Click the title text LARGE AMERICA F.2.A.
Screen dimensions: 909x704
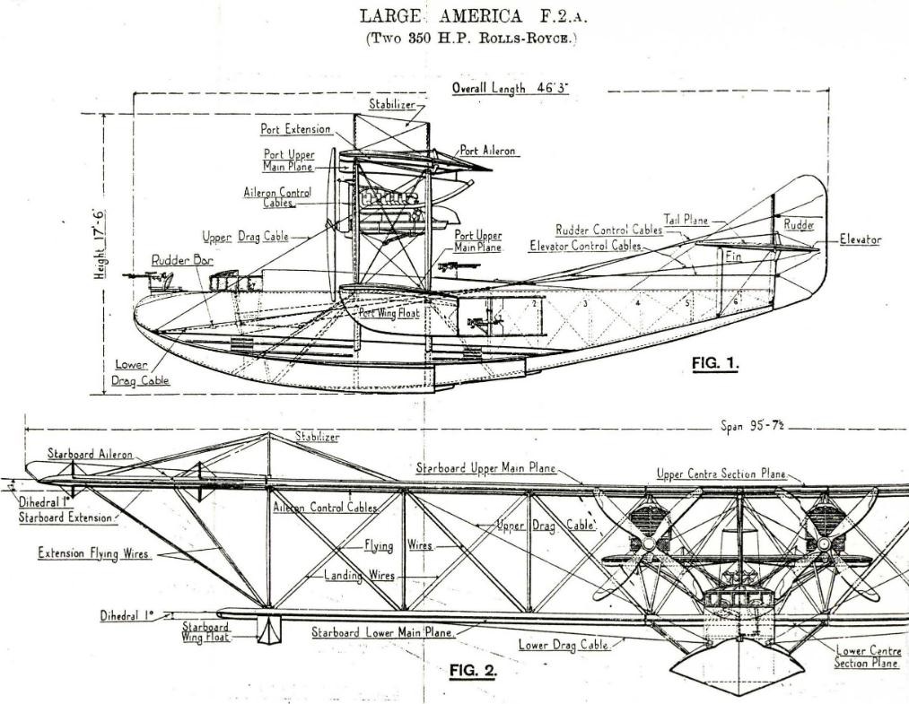coord(474,15)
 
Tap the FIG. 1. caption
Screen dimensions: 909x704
coord(715,363)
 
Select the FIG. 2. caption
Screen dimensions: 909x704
coord(473,671)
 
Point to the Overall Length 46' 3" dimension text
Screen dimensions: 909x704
coord(511,88)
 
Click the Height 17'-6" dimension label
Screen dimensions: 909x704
coord(100,243)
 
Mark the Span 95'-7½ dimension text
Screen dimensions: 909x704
coord(753,426)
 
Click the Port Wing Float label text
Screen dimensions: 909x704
coord(389,313)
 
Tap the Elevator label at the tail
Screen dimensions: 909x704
coord(861,239)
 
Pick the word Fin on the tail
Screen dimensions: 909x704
coord(733,256)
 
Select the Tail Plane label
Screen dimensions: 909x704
coord(686,221)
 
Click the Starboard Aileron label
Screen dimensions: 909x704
coord(90,455)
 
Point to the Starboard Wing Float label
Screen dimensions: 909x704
coord(206,632)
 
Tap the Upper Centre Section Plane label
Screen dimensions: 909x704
coord(721,474)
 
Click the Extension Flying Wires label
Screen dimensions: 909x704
coord(94,553)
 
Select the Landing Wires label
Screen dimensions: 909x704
coord(360,576)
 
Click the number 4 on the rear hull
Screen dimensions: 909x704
coord(638,302)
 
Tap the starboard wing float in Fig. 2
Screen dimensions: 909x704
coord(269,630)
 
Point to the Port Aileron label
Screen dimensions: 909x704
coord(487,151)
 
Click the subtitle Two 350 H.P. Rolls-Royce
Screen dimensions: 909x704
coord(472,39)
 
